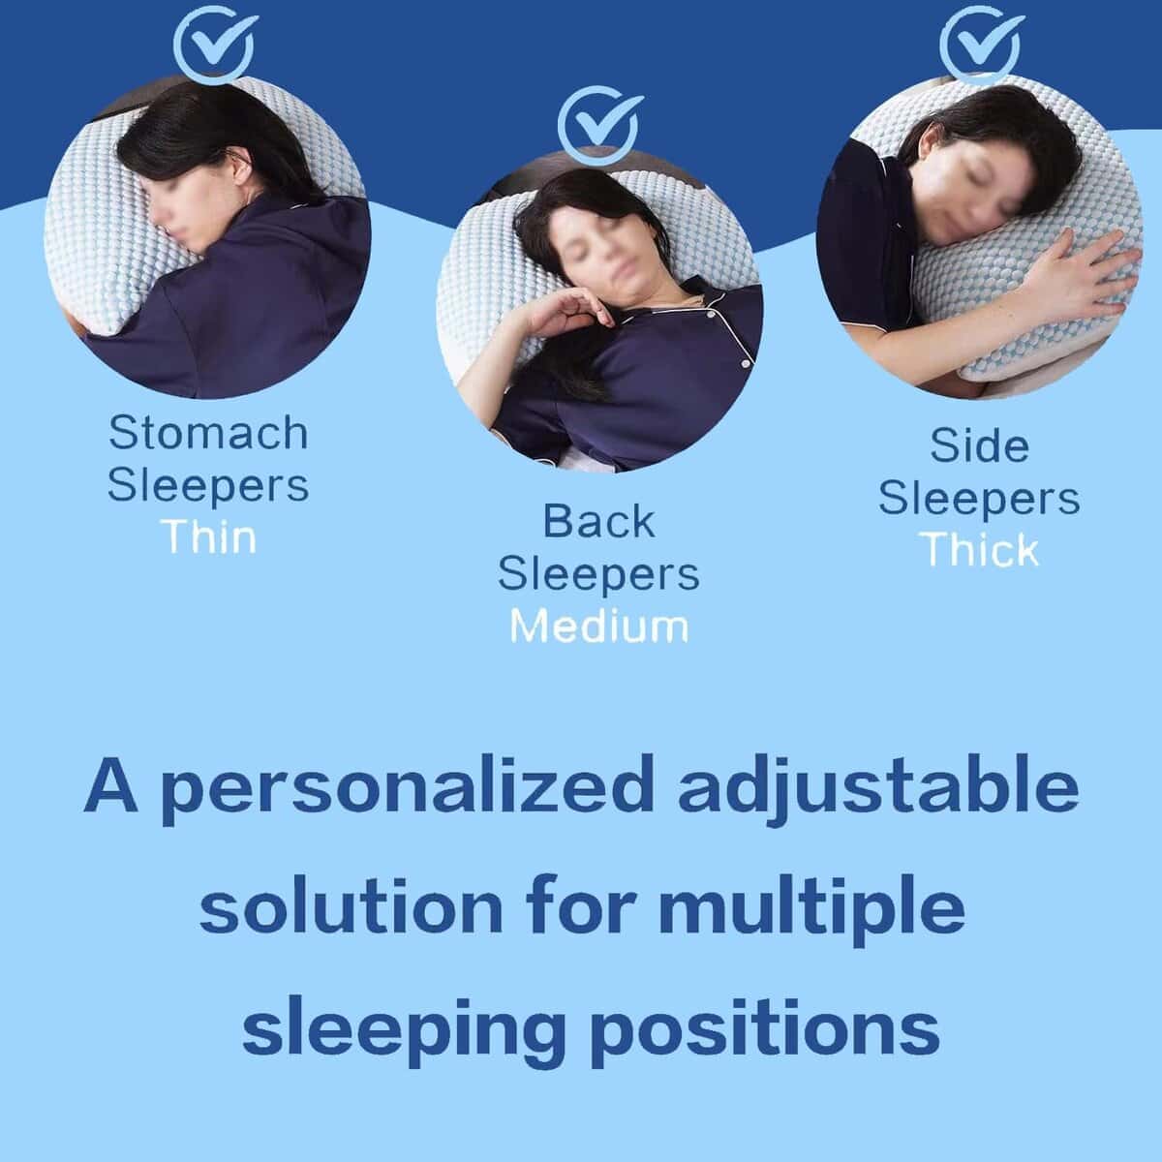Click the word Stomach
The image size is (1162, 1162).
click(208, 432)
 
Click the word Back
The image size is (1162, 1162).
click(598, 521)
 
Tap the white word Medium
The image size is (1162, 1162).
click(598, 626)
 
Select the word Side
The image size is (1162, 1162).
click(979, 445)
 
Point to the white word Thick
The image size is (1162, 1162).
click(981, 549)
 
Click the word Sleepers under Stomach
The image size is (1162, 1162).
click(208, 485)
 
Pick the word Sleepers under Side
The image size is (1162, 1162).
click(979, 499)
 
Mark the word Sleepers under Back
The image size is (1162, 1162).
click(598, 574)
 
